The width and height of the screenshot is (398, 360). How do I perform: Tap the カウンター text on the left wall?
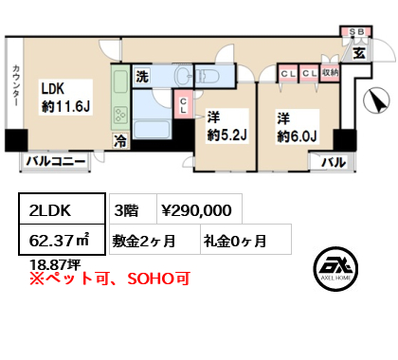click(x=17, y=91)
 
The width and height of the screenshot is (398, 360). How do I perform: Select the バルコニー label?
click(x=55, y=163)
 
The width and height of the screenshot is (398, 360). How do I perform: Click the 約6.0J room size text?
click(x=297, y=134)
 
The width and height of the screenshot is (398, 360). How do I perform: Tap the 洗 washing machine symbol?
click(x=141, y=77)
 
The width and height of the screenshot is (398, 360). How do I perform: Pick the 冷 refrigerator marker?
click(x=120, y=138)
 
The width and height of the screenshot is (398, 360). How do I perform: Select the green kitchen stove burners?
click(x=120, y=116)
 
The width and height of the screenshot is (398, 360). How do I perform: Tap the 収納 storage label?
click(x=329, y=71)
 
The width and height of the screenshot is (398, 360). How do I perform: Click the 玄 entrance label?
click(x=359, y=53)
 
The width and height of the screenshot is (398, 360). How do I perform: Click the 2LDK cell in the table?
click(x=51, y=207)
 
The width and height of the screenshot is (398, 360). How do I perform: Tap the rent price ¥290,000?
click(x=198, y=207)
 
